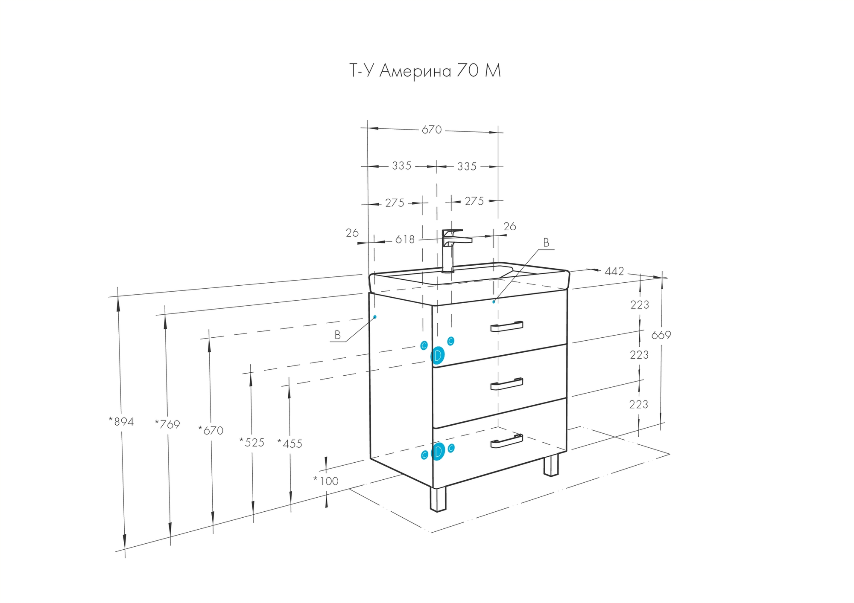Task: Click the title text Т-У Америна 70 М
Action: [425, 71]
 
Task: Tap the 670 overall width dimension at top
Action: [432, 130]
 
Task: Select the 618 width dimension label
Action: [405, 240]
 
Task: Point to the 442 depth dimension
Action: [614, 271]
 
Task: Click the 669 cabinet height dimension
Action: [661, 336]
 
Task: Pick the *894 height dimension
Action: [121, 422]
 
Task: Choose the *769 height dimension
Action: [167, 424]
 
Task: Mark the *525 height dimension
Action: [252, 443]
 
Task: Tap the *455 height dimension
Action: [290, 444]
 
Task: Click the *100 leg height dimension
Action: [326, 481]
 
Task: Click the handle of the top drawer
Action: [506, 326]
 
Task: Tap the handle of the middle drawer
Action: [506, 384]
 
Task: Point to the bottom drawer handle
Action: [506, 441]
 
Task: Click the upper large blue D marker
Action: [438, 355]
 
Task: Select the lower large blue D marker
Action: [438, 452]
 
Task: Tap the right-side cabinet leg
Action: [551, 465]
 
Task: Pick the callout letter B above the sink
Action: [546, 243]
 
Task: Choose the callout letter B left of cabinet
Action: [337, 335]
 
